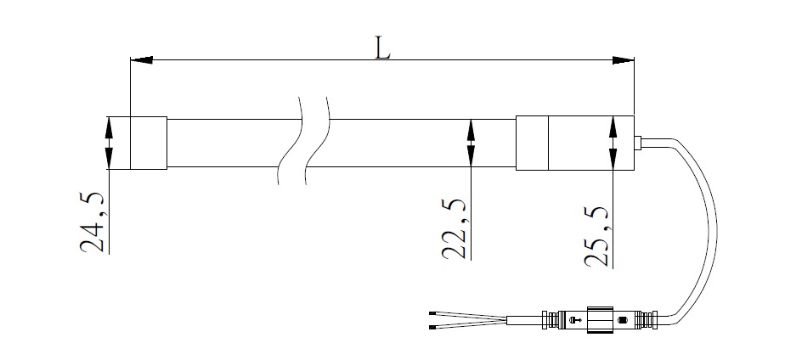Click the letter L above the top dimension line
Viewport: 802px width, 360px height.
(x=382, y=48)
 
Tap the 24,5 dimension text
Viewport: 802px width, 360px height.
(x=93, y=223)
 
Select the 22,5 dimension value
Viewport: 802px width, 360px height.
(x=454, y=228)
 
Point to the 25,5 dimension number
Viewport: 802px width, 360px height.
(x=596, y=236)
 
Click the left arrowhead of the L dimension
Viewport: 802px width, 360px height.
(x=142, y=59)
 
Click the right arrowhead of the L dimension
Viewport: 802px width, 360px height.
(x=623, y=59)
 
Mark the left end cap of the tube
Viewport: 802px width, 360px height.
(x=149, y=143)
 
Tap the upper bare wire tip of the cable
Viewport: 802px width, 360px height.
(x=432, y=312)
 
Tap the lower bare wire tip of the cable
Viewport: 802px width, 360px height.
(x=432, y=326)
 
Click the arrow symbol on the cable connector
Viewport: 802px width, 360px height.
(x=575, y=320)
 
